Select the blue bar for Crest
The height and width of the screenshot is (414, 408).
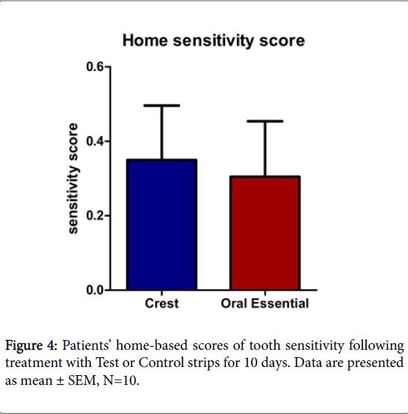161,224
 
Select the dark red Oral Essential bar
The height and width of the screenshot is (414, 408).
264,233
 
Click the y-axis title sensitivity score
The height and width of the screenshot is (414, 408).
73,179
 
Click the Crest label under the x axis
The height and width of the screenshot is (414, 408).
161,304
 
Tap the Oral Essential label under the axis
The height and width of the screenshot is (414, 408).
265,304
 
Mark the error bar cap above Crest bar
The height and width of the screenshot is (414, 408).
161,105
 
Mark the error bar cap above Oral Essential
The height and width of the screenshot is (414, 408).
264,121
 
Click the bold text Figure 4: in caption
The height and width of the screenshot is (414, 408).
31,347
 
